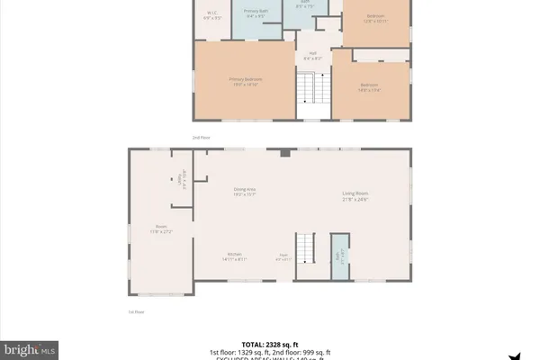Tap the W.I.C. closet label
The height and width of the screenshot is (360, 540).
[x=212, y=14]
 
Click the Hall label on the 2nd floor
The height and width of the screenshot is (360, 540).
[x=313, y=56]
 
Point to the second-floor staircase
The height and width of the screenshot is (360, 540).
[x=311, y=90]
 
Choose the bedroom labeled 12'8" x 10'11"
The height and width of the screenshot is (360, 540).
[x=374, y=19]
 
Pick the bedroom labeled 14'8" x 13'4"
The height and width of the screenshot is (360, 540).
[x=371, y=86]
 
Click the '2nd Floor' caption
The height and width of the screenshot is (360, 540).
[x=201, y=138]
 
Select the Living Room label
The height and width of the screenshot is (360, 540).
[x=356, y=195]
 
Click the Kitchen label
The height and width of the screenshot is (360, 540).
[x=234, y=256]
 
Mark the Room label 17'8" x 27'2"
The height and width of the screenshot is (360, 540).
[x=160, y=229]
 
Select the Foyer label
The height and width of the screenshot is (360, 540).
[x=283, y=256]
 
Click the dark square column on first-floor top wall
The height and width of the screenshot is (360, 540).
[x=284, y=154]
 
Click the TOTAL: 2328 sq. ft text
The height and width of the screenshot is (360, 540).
[x=269, y=344]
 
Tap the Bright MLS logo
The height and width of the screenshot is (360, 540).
[x=30, y=347]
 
